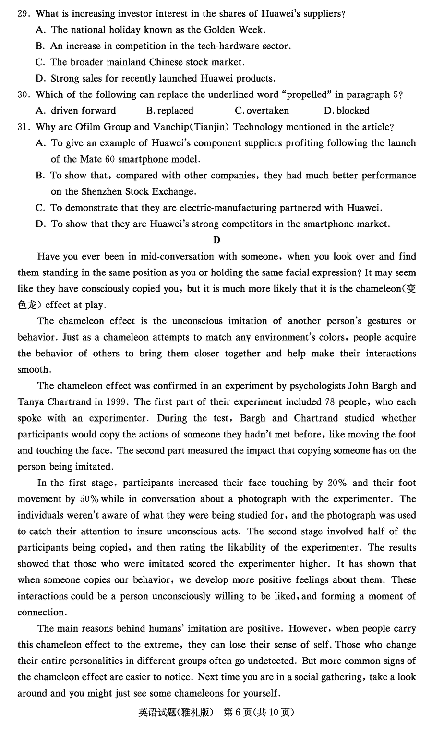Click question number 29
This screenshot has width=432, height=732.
tap(23, 14)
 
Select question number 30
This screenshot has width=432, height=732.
tap(23, 94)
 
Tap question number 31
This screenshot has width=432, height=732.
tap(23, 127)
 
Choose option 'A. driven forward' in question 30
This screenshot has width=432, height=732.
tap(76, 111)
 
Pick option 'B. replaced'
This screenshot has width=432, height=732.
tap(169, 111)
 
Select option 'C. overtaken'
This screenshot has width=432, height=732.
tap(262, 111)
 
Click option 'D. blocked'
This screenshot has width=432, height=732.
tap(346, 111)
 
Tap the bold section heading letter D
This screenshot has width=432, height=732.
tap(216, 240)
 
